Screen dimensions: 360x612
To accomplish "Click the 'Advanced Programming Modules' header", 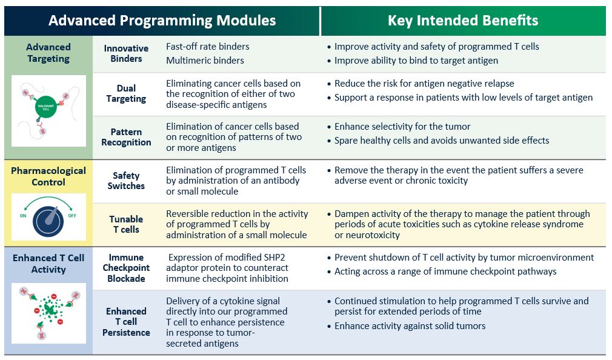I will coord(162,21).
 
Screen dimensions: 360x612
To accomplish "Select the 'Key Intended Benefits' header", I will coord(462,21).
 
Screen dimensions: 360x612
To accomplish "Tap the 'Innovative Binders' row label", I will coord(126,53).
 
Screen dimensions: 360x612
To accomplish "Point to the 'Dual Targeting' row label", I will coord(126,93).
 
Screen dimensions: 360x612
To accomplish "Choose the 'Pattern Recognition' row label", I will coord(126,137).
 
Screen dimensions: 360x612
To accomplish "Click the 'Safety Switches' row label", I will coord(126,181).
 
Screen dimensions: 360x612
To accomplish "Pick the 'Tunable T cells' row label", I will coord(126,224).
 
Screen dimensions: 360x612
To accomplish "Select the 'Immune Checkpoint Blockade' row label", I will coord(126,268).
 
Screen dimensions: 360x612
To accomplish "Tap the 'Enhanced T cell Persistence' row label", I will coord(126,322).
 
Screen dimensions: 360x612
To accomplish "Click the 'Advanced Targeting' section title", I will coord(48,53).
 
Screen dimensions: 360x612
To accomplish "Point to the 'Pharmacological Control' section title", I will coord(48,176).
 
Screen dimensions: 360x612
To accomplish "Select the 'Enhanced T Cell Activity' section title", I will coord(48,264).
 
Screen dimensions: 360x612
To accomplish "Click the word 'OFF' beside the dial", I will coord(72,215).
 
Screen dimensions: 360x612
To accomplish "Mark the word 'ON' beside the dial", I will coord(24,215).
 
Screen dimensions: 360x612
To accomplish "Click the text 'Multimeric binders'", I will coord(205,60).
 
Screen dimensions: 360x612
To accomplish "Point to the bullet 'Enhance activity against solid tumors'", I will coord(410,326).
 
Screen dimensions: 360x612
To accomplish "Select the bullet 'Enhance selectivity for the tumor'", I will coord(402,127).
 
